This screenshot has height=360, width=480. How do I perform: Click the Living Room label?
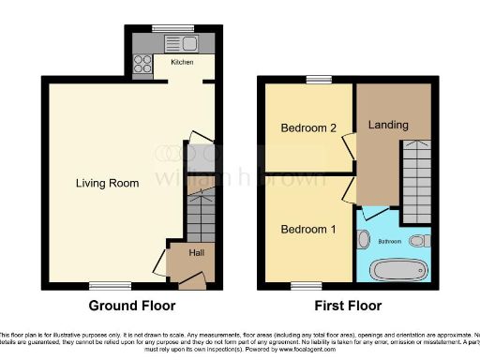107,183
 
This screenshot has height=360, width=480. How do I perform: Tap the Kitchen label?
182,63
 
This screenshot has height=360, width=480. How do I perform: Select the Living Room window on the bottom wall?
103,285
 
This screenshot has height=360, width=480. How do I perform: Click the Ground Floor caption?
132,306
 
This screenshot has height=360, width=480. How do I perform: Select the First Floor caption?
347,306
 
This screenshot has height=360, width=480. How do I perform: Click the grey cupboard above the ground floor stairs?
201,164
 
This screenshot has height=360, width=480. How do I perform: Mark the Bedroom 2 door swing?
349,144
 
